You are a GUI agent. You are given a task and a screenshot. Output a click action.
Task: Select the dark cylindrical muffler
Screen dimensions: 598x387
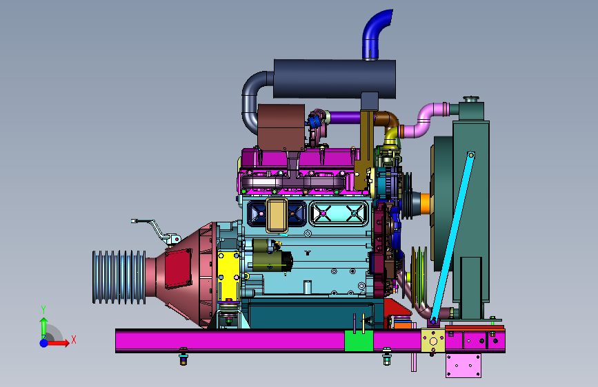(335, 79)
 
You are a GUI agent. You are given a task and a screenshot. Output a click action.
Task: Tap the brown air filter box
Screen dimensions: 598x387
(281, 127)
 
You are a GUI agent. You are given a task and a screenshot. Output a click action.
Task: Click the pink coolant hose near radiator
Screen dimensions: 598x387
(426, 120)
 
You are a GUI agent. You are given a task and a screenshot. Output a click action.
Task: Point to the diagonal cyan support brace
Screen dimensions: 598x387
(452, 238)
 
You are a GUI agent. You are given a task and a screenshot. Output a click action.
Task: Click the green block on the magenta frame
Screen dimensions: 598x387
(359, 341)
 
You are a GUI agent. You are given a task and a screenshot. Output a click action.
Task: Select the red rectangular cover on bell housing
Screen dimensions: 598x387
(179, 269)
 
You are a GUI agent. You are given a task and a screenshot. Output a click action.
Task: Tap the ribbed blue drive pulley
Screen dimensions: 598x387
(119, 277)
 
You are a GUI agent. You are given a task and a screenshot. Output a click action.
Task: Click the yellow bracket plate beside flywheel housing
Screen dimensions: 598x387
(228, 275)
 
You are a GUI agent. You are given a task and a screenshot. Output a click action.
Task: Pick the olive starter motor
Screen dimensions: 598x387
(272, 255)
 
